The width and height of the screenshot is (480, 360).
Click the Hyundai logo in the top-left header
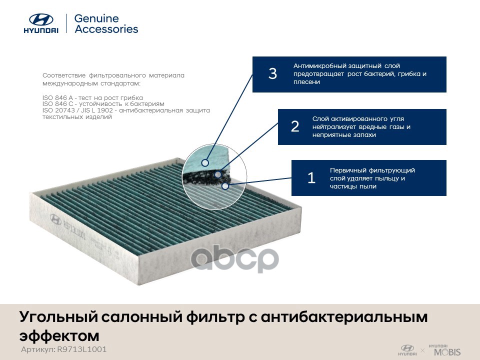coord(41,23)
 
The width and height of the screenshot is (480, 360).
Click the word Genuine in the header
coord(96,18)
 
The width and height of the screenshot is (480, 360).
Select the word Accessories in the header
coord(106,29)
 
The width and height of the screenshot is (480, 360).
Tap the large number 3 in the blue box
coord(272,73)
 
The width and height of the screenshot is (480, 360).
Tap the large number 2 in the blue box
coord(295,126)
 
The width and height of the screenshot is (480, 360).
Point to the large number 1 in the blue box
coord(311,178)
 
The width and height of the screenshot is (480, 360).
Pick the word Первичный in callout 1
coord(348,170)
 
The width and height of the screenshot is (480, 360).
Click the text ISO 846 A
coord(57,97)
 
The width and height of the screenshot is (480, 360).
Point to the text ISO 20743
coord(58,110)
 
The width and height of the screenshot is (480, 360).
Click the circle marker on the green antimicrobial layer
coord(205,162)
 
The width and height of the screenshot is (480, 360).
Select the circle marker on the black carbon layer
coord(218,174)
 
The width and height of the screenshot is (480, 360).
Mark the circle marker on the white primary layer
coord(225,186)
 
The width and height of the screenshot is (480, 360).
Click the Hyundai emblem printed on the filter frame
coord(55,219)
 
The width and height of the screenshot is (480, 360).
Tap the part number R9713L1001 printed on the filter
coord(74,230)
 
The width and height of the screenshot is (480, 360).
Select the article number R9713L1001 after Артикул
coord(81,349)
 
